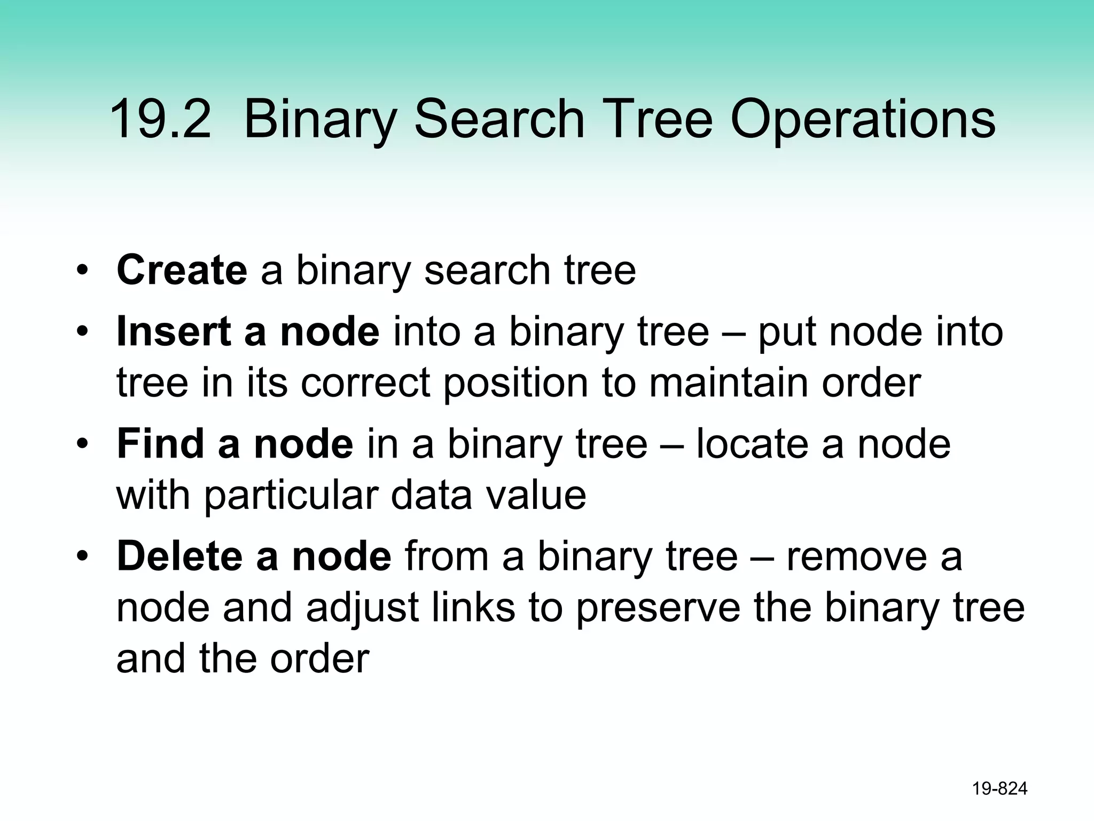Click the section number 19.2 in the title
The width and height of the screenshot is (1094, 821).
pyautogui.click(x=160, y=119)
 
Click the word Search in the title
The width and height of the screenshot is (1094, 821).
pyautogui.click(x=499, y=119)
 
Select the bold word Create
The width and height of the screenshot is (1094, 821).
pyautogui.click(x=182, y=270)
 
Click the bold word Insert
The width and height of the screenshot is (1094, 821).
pyautogui.click(x=174, y=331)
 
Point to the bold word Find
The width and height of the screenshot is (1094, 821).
pyautogui.click(x=162, y=444)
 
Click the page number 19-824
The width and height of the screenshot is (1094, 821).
pyautogui.click(x=999, y=789)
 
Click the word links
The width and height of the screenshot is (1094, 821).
pyautogui.click(x=473, y=608)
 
